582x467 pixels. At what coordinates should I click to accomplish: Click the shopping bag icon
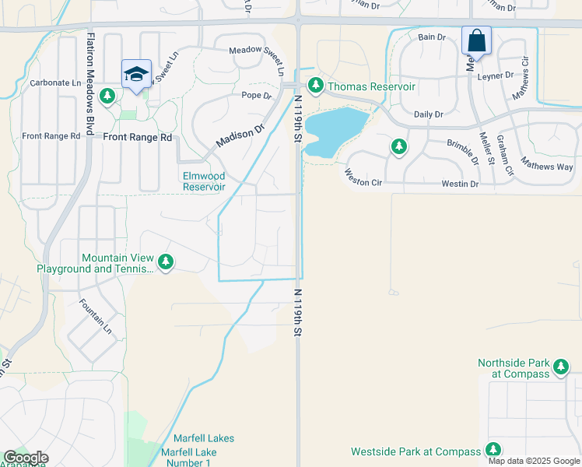pos(476,39)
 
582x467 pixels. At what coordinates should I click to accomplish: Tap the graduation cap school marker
pos(136,74)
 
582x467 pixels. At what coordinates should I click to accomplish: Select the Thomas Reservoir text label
pos(371,86)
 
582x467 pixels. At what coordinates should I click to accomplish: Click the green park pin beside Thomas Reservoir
pos(315,86)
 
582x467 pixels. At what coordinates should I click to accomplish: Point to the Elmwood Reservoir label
pos(204,181)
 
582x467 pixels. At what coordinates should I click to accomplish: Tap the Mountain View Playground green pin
pos(166,262)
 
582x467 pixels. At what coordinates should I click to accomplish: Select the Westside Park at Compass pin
pos(493,450)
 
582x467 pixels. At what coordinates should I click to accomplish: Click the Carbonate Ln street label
pos(55,83)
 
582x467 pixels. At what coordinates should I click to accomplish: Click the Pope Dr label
pos(256,96)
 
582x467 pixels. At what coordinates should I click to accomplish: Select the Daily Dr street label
pos(428,114)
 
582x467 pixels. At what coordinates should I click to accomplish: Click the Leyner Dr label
pos(496,75)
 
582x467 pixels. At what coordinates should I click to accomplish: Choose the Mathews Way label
pos(546,166)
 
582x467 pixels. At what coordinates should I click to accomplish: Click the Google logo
pos(26,458)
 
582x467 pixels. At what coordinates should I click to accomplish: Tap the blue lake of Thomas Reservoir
pos(335,129)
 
